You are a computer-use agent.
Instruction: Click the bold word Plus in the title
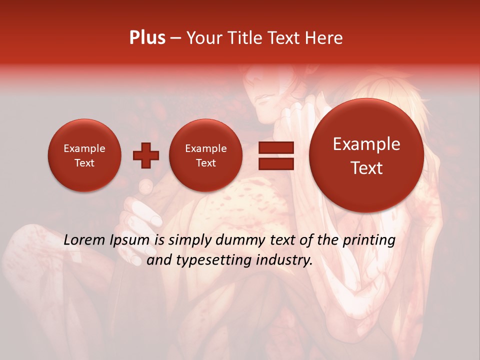[x=147, y=38]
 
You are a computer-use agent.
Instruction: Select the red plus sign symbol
[x=145, y=155]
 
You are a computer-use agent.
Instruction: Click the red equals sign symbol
[x=276, y=155]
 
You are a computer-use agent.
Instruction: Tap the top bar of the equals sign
[x=276, y=147]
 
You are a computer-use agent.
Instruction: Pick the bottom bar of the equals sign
[x=276, y=163]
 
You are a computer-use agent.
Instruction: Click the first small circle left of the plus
[x=84, y=155]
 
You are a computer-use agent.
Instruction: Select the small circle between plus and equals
[x=205, y=155]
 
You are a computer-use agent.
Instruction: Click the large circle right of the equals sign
[x=366, y=155]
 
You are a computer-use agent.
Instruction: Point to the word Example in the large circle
[x=366, y=144]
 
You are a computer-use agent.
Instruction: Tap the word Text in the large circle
[x=366, y=168]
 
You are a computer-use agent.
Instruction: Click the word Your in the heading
[x=204, y=38]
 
